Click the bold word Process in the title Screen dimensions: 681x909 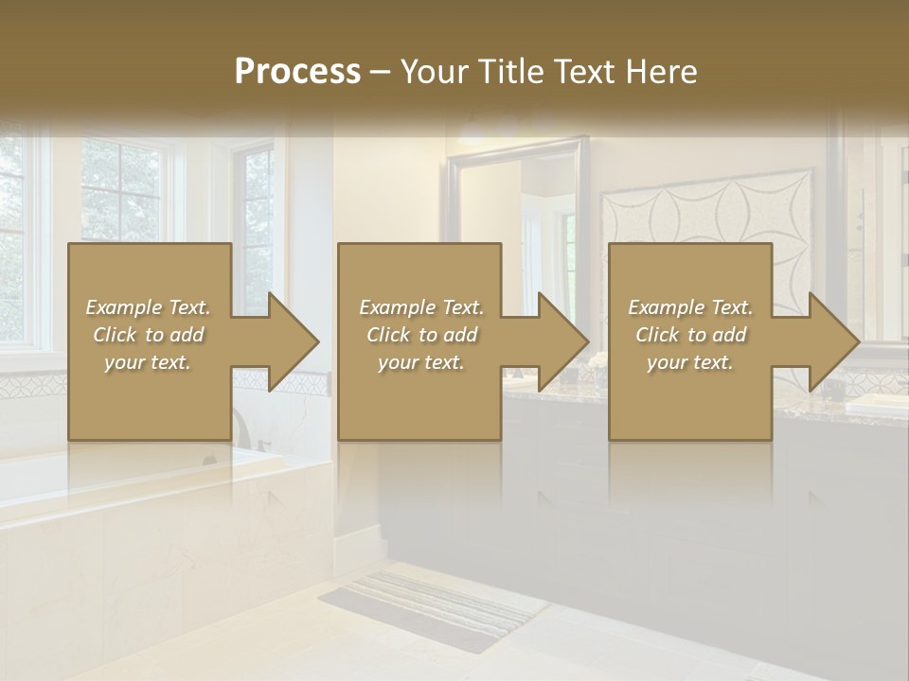pos(297,72)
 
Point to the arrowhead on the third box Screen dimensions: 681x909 pos(828,341)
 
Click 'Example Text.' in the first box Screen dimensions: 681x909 pos(148,307)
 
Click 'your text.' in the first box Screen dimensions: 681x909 pos(148,362)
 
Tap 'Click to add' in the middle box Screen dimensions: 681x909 pos(421,335)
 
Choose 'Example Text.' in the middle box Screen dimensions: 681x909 pos(421,307)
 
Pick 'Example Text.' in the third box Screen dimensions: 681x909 pos(690,307)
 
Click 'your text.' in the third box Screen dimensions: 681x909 pos(690,362)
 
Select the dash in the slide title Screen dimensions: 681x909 pos(380,72)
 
